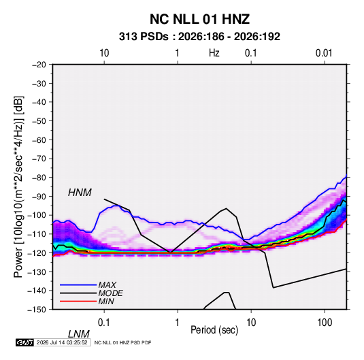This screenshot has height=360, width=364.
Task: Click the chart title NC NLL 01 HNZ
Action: (x=199, y=19)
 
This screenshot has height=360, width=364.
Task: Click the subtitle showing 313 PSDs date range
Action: (x=199, y=37)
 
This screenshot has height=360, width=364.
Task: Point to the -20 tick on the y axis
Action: (x=39, y=65)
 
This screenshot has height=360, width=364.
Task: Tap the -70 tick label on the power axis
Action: (x=39, y=159)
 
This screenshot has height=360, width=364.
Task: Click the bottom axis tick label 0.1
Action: (x=104, y=323)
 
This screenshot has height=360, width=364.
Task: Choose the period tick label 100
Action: (x=325, y=323)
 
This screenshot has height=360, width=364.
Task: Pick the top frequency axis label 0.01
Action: (x=324, y=53)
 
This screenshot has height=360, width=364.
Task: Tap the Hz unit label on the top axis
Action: (x=214, y=53)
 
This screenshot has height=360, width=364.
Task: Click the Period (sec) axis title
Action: (x=214, y=330)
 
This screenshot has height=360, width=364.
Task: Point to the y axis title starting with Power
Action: (x=18, y=187)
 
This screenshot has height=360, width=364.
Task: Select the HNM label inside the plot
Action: (x=80, y=193)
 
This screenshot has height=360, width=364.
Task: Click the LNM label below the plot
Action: (x=79, y=334)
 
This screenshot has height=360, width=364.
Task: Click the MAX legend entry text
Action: (x=107, y=285)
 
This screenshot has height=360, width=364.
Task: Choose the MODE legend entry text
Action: (x=110, y=293)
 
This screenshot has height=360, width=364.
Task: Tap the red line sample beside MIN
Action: (x=78, y=301)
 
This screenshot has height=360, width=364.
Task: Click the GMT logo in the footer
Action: (x=24, y=342)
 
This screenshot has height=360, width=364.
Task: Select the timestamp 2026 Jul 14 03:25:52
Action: (x=62, y=342)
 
